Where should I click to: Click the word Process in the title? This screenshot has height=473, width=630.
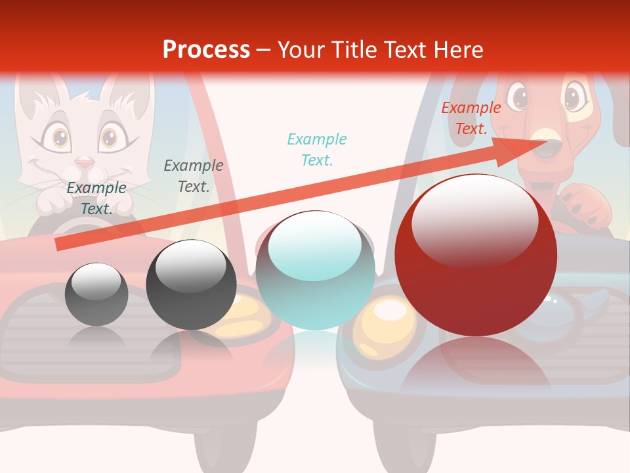pos(206,49)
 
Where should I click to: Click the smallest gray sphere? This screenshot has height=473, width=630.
pos(96,294)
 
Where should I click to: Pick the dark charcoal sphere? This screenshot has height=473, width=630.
pos(191,284)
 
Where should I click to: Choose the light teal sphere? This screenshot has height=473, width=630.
pos(315,270)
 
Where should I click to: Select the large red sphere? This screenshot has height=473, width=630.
pos(476,255)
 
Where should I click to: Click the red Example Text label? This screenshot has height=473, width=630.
pos(471,118)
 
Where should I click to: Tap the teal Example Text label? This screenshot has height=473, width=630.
pos(316,149)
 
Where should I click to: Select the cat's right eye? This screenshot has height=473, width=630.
pos(109,137)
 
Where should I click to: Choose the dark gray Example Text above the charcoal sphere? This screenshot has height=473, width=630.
pos(193,175)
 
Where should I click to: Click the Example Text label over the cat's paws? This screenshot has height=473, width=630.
pos(96,198)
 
